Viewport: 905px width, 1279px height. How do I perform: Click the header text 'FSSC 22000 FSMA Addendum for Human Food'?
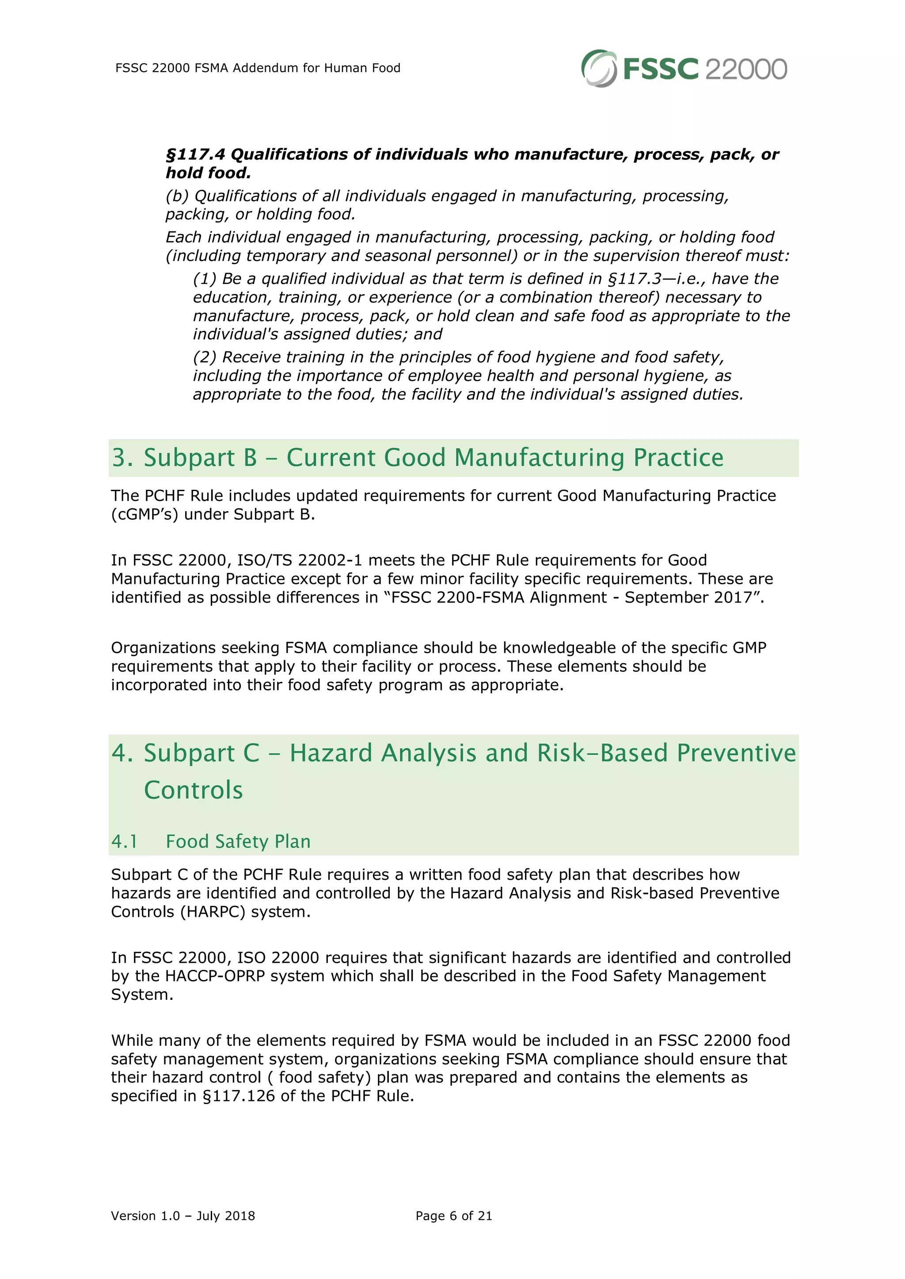click(258, 68)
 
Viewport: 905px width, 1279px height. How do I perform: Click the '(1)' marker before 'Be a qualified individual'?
click(205, 279)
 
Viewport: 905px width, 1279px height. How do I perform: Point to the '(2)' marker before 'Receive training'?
click(205, 357)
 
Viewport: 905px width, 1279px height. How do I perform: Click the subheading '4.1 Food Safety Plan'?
click(211, 841)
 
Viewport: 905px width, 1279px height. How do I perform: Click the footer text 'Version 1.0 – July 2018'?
click(183, 1215)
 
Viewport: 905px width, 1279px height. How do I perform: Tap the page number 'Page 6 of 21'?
click(454, 1215)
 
